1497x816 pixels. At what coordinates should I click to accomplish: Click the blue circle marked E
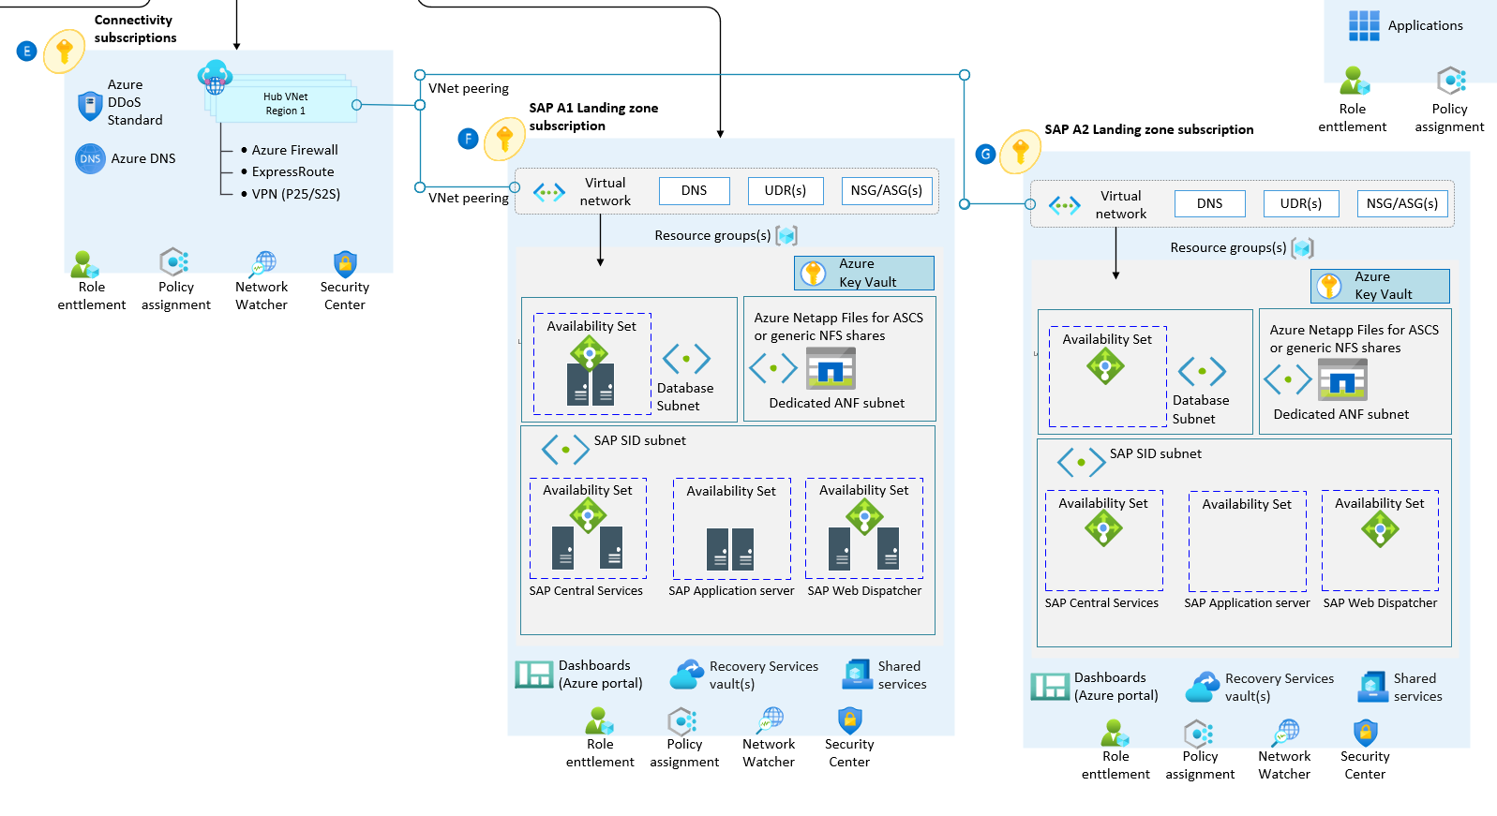tap(27, 51)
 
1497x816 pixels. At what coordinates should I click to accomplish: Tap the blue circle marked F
tap(468, 139)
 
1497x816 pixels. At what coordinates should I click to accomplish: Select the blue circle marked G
tap(985, 155)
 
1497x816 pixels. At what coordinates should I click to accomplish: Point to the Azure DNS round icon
tap(90, 159)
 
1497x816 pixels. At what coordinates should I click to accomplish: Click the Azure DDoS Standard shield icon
tap(90, 106)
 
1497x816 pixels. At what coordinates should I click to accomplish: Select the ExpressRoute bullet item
tap(288, 171)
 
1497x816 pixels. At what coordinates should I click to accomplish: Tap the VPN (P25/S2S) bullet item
tap(291, 194)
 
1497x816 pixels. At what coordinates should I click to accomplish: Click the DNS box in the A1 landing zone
tap(695, 191)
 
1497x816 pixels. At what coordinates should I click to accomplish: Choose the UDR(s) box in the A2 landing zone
tap(1301, 203)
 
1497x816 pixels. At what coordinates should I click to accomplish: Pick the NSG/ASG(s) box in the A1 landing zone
tap(886, 191)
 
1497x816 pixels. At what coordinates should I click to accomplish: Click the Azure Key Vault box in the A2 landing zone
tap(1380, 286)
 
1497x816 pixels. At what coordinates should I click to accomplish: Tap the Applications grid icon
tap(1364, 26)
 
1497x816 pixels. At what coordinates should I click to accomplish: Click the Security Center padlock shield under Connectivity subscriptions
tap(345, 264)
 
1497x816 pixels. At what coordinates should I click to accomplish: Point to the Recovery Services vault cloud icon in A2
tap(1203, 687)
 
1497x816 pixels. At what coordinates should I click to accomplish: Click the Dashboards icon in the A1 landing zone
tap(534, 674)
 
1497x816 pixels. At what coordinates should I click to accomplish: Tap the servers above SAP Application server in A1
tap(730, 549)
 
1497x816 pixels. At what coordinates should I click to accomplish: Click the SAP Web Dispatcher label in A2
tap(1380, 603)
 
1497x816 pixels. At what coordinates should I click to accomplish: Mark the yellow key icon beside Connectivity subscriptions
tap(64, 51)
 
